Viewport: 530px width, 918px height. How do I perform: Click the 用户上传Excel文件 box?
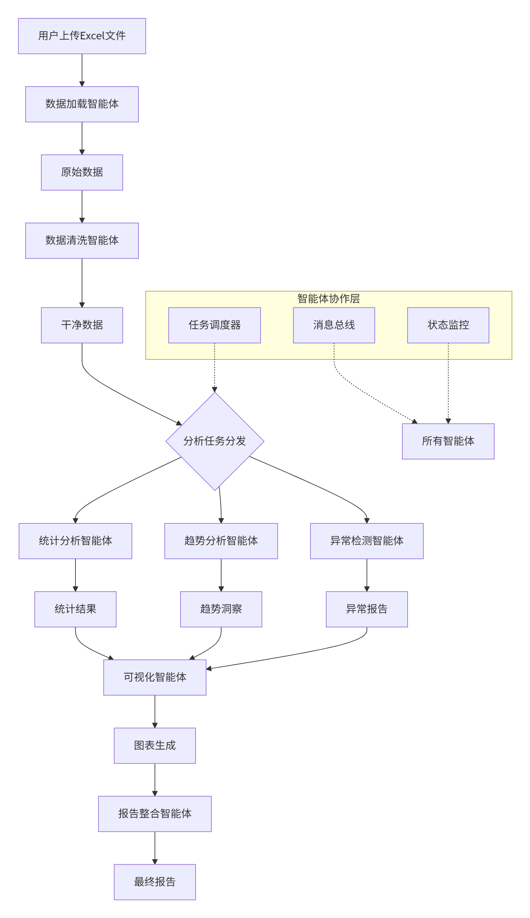(82, 36)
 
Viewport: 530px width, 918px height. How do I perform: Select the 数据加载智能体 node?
(82, 104)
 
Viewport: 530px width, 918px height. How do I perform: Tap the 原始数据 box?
(82, 173)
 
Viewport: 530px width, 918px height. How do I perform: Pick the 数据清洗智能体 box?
(82, 240)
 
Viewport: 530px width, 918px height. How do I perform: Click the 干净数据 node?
(82, 325)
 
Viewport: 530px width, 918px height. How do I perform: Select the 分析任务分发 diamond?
(215, 441)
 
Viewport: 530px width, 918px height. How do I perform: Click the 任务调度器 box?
(214, 325)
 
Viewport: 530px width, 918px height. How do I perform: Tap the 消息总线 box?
(334, 325)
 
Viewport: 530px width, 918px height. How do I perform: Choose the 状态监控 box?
(448, 325)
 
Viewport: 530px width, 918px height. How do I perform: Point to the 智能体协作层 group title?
(329, 298)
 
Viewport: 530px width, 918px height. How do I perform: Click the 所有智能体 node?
(448, 441)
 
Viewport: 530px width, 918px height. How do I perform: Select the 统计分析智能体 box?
(75, 541)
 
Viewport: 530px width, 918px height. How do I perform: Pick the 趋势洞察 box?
(221, 609)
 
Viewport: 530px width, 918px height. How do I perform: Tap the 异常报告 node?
(367, 609)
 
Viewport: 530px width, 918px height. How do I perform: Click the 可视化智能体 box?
(155, 677)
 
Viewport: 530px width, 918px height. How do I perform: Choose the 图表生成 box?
(155, 745)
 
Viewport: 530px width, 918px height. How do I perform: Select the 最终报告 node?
(155, 882)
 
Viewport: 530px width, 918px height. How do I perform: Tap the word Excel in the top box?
(93, 36)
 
